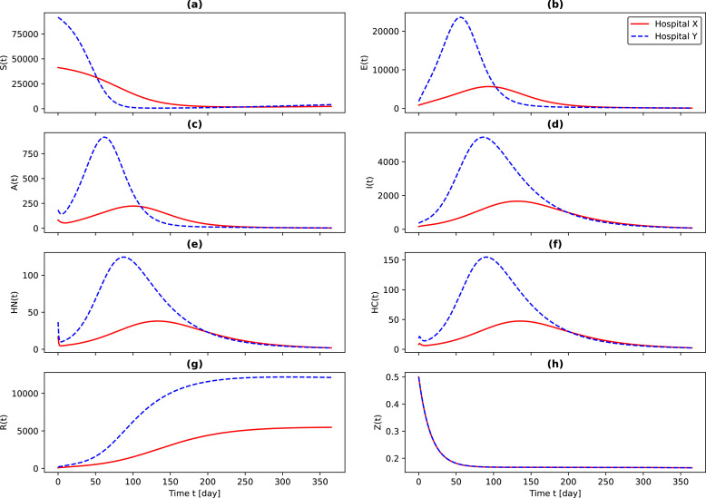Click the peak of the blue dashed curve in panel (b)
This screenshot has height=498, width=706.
pos(460,17)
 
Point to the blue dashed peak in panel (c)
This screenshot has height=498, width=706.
pos(104,138)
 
